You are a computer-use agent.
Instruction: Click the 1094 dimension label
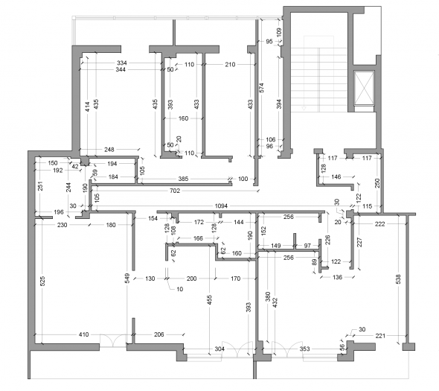tap(221, 206)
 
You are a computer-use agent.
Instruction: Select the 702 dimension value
tap(175, 191)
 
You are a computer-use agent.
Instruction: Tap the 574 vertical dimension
tap(261, 87)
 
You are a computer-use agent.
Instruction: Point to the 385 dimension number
tap(183, 179)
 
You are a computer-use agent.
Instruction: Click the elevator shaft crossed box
tap(364, 88)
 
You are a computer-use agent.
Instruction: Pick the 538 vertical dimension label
tap(399, 279)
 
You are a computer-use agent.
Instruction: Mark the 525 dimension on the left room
tap(42, 281)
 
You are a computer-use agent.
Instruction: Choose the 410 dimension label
tap(84, 334)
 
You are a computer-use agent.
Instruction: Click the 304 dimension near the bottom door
tap(219, 349)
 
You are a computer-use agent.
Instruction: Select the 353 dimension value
tap(304, 349)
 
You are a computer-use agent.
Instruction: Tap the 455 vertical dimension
tap(210, 299)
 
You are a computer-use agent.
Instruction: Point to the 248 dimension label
tap(109, 150)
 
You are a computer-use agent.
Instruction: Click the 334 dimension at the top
tap(122, 63)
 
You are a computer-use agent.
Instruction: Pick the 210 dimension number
tap(230, 65)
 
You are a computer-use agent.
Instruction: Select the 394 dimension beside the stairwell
tap(279, 104)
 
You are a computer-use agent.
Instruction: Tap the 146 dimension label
tap(336, 177)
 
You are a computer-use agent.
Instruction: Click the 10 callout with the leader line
tap(180, 289)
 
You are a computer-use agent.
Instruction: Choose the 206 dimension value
tap(158, 334)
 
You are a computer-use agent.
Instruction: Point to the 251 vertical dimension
tap(40, 186)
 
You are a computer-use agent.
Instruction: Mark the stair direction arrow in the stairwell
tap(304, 108)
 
